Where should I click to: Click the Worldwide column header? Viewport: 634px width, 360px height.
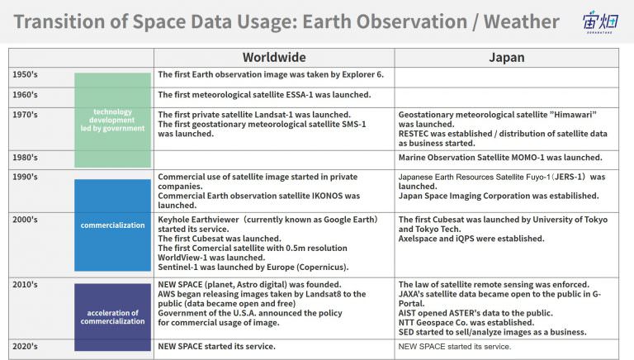pos(274,58)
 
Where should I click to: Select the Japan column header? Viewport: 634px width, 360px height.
pos(507,58)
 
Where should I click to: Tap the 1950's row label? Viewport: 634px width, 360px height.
pos(25,74)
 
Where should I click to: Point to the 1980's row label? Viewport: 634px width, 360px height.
pos(25,158)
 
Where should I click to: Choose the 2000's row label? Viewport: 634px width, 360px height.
pos(25,220)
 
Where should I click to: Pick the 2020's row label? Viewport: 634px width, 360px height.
pos(25,346)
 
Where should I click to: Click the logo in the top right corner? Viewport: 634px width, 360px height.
pos(600,21)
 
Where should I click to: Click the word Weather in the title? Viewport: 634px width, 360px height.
pos(522,21)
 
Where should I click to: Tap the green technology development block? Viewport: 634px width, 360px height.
pos(112,120)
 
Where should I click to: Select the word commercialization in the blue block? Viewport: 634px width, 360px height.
pos(112,225)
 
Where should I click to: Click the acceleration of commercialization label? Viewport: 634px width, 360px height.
pos(112,317)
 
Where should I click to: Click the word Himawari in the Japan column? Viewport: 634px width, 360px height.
pos(575,115)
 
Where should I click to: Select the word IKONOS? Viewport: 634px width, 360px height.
pos(327,196)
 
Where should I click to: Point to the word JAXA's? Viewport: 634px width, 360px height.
pos(411,294)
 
